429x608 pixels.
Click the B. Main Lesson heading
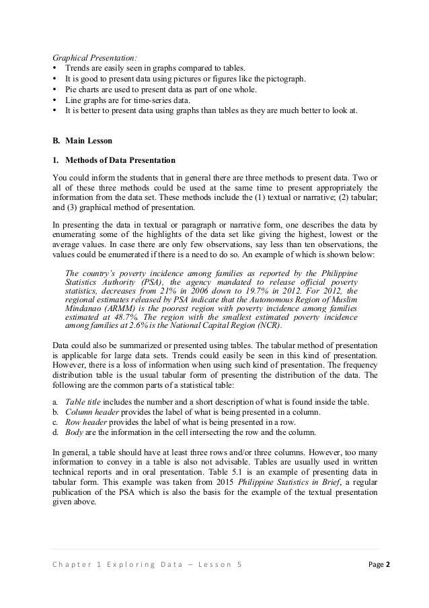pos(85,140)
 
